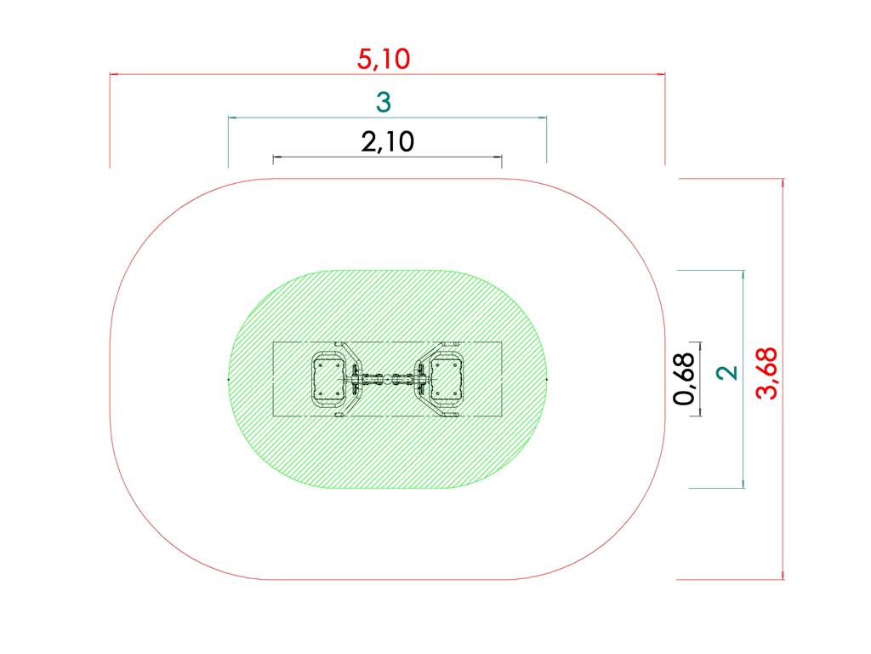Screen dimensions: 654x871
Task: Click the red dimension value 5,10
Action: [384, 59]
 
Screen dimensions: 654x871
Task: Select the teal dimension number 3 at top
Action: [384, 102]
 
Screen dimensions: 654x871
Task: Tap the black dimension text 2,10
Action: [387, 141]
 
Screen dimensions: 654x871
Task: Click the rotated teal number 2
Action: [726, 373]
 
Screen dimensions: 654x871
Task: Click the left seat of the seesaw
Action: [327, 378]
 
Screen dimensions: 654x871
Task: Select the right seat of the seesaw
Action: [447, 378]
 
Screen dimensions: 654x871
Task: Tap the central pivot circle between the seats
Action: [387, 378]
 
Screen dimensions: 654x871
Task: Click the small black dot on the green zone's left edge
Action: [229, 378]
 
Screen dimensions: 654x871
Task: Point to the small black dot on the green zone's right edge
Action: [545, 378]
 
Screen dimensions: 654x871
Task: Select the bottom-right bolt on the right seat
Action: [456, 394]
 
